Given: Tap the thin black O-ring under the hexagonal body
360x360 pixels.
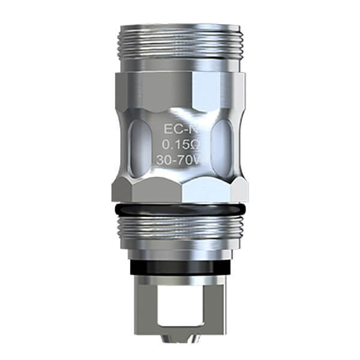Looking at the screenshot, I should tap(180, 208).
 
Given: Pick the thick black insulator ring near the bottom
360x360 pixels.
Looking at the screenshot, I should tap(180, 264).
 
